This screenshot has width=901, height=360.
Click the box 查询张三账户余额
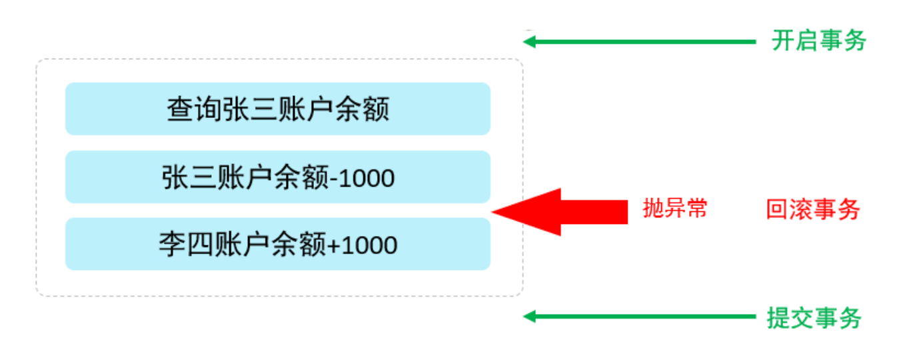(277, 109)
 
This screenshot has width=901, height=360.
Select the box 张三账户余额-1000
(277, 177)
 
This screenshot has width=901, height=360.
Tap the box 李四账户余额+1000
(277, 244)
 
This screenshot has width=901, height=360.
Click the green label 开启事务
(818, 41)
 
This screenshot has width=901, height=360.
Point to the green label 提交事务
(814, 318)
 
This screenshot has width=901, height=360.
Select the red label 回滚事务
(813, 210)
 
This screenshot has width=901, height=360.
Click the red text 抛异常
(674, 209)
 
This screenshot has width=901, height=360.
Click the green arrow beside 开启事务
(640, 41)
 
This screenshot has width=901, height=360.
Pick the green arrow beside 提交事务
(640, 317)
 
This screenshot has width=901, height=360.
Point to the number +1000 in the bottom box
(363, 245)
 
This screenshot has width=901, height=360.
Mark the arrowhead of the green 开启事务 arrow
(530, 41)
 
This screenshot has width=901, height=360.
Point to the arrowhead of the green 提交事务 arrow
(530, 317)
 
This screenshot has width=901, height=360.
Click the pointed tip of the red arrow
(494, 212)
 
